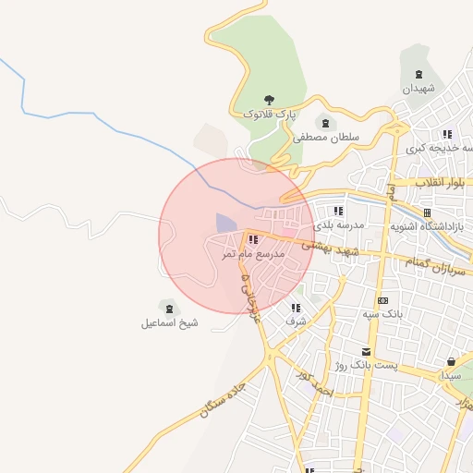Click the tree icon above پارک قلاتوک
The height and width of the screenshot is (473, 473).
[x=270, y=99]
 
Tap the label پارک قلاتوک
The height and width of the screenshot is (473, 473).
[x=270, y=114]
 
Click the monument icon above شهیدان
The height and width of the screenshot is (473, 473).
[x=419, y=74]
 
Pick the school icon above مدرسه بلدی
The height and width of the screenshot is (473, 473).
[x=351, y=211]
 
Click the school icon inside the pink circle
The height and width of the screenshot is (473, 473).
[x=253, y=240]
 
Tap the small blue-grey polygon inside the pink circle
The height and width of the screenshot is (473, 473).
[x=225, y=224]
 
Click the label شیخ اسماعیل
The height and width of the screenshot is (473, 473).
[x=169, y=323]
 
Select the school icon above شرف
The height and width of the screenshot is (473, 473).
[x=296, y=308]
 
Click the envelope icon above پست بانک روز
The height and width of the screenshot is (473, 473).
[x=366, y=351]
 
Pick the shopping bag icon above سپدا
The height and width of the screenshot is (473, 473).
[x=451, y=361]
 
